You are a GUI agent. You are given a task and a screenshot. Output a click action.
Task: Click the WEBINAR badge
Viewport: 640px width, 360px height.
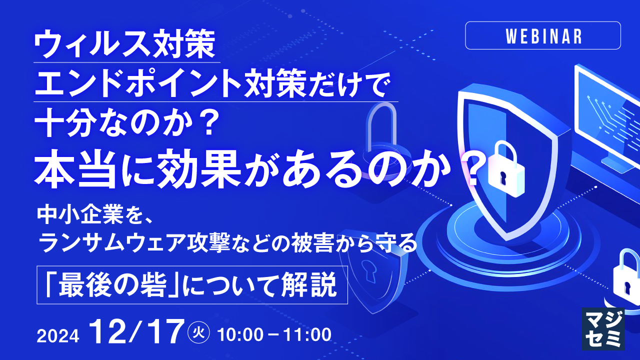(543, 36)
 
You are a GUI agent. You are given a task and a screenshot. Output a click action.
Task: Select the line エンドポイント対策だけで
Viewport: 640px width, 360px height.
(210, 86)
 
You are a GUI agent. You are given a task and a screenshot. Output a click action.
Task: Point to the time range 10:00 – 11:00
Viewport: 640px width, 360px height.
(274, 334)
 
